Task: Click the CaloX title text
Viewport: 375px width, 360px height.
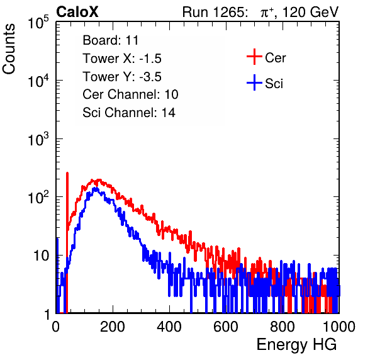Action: click(x=77, y=12)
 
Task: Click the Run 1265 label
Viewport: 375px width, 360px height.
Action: click(x=215, y=12)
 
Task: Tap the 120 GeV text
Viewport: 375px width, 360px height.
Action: click(x=310, y=12)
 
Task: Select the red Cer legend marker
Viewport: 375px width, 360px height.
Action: click(x=254, y=57)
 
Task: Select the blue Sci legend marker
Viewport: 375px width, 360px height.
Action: click(x=254, y=82)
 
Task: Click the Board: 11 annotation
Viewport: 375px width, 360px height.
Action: click(x=111, y=40)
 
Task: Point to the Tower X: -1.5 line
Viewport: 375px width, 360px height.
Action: click(x=122, y=59)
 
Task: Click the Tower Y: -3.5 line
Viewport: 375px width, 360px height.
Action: click(x=122, y=77)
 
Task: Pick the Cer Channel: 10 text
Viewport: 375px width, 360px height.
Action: click(x=130, y=94)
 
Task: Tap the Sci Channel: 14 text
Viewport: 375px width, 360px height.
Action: click(x=129, y=113)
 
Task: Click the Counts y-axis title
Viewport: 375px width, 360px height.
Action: click(x=9, y=49)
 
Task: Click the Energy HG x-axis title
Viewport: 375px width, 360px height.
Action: click(x=296, y=345)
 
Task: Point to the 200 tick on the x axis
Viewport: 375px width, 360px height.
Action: click(x=113, y=327)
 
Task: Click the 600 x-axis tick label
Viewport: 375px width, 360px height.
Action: click(x=226, y=327)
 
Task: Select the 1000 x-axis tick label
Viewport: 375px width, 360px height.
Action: click(x=339, y=327)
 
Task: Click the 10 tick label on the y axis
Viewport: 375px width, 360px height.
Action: click(x=42, y=256)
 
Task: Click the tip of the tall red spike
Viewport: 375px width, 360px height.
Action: click(x=67, y=172)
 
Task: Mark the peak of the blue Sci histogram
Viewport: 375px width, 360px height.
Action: click(x=96, y=188)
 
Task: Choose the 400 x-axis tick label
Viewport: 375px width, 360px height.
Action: click(x=169, y=327)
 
